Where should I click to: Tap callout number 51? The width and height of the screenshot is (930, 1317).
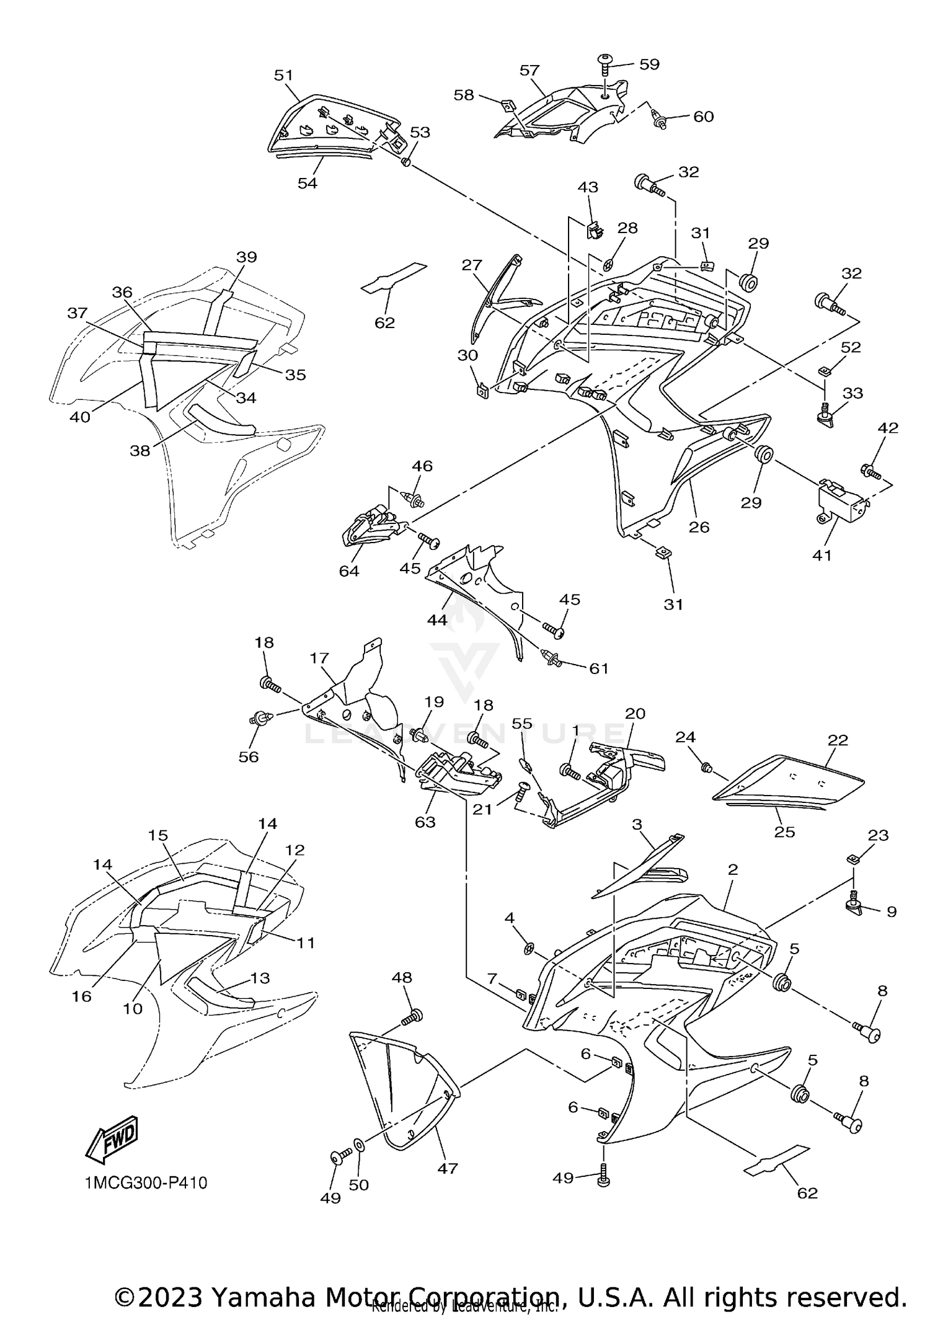(x=283, y=76)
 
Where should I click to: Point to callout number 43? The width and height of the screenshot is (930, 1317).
(x=588, y=187)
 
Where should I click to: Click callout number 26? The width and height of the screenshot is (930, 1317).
(x=699, y=527)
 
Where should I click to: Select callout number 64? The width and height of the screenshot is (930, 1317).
(x=349, y=571)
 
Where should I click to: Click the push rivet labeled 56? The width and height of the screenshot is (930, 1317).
(x=259, y=719)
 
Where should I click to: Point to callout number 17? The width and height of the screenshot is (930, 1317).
(x=320, y=658)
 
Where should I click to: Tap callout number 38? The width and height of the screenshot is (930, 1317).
(x=139, y=451)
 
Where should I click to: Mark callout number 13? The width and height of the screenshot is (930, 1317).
(x=260, y=978)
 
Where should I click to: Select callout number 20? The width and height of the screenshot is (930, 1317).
(x=635, y=713)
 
